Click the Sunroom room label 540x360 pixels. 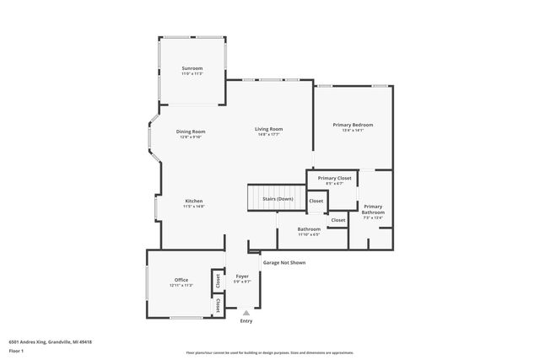(x=192, y=68)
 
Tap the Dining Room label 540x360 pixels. (x=191, y=132)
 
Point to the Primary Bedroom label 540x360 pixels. (x=352, y=125)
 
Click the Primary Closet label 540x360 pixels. (x=334, y=178)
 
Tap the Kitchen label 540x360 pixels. (x=193, y=201)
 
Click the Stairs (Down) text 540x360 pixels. (x=278, y=198)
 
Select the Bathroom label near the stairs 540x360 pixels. (x=309, y=228)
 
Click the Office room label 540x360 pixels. (x=181, y=280)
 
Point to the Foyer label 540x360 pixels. (x=242, y=277)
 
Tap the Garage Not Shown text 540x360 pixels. (x=283, y=262)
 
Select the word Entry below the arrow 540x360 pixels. (x=246, y=321)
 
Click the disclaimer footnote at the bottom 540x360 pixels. (x=269, y=352)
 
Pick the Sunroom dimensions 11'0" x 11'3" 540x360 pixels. (x=192, y=74)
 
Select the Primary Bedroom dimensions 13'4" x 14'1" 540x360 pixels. (x=352, y=131)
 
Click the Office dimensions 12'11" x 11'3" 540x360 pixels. (x=181, y=286)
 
